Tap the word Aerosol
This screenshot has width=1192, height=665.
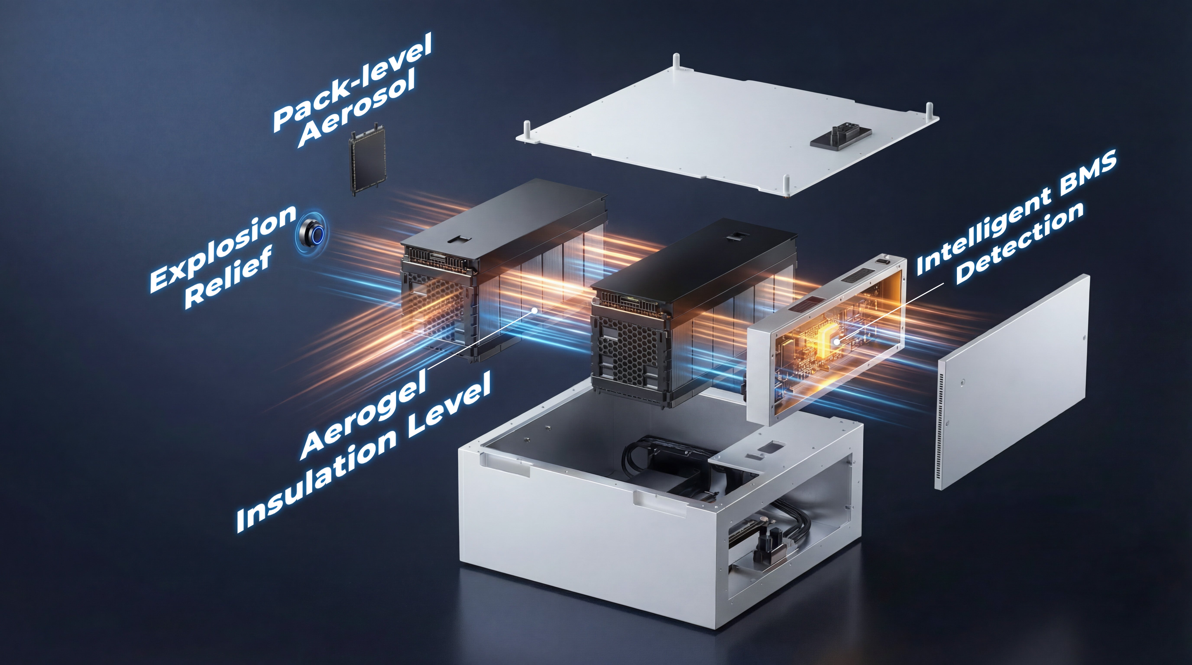[356, 110]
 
